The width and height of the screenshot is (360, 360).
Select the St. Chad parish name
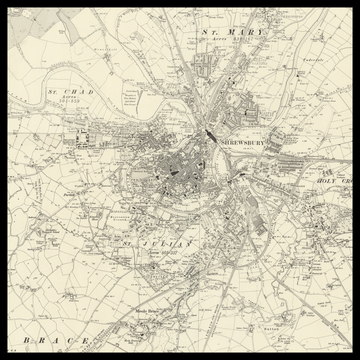73,92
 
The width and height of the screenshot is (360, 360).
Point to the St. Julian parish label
142,241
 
